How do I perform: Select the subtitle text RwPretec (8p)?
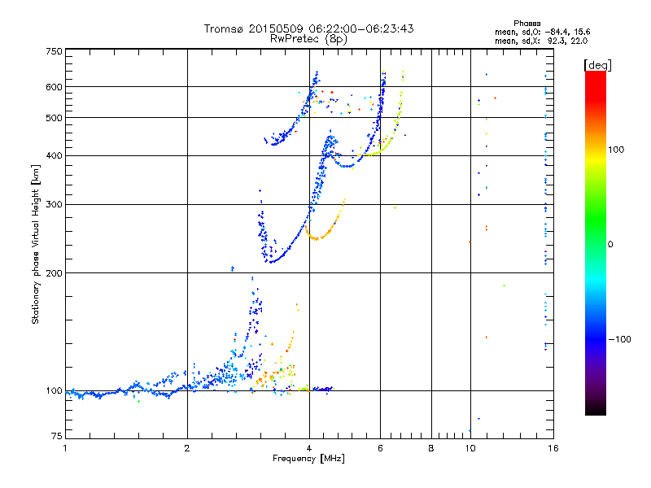tap(308, 39)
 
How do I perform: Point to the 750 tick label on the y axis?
tap(55, 51)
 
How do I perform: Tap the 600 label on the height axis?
tap(55, 87)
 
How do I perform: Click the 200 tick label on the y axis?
tap(55, 273)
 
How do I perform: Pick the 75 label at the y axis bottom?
tap(57, 436)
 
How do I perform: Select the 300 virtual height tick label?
tap(55, 205)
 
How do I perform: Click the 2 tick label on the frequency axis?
tap(187, 448)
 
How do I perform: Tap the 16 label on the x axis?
tap(553, 448)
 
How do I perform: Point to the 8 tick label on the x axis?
tap(431, 448)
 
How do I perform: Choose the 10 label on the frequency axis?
tap(470, 448)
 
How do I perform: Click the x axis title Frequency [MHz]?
tap(308, 459)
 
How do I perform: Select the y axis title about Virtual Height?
tap(36, 244)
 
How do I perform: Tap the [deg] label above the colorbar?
tap(597, 65)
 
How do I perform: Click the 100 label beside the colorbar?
tap(616, 150)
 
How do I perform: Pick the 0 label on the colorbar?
tap(610, 245)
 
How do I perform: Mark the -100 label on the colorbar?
tap(620, 339)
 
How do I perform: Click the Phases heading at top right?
tap(526, 24)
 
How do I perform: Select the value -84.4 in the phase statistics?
tap(557, 32)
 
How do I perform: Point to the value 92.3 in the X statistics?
tap(557, 41)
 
